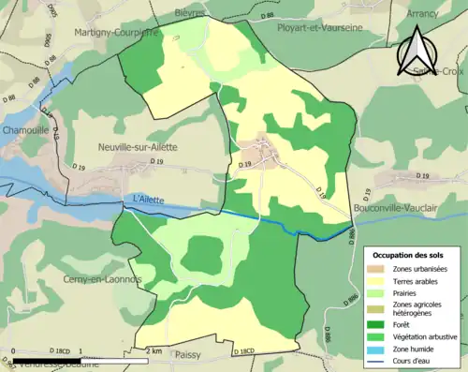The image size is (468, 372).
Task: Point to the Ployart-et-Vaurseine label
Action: [x=320, y=29]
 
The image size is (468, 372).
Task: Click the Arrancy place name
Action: [x=422, y=14]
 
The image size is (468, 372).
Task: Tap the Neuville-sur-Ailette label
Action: [x=137, y=147]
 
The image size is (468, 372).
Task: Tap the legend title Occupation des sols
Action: [x=409, y=255]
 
